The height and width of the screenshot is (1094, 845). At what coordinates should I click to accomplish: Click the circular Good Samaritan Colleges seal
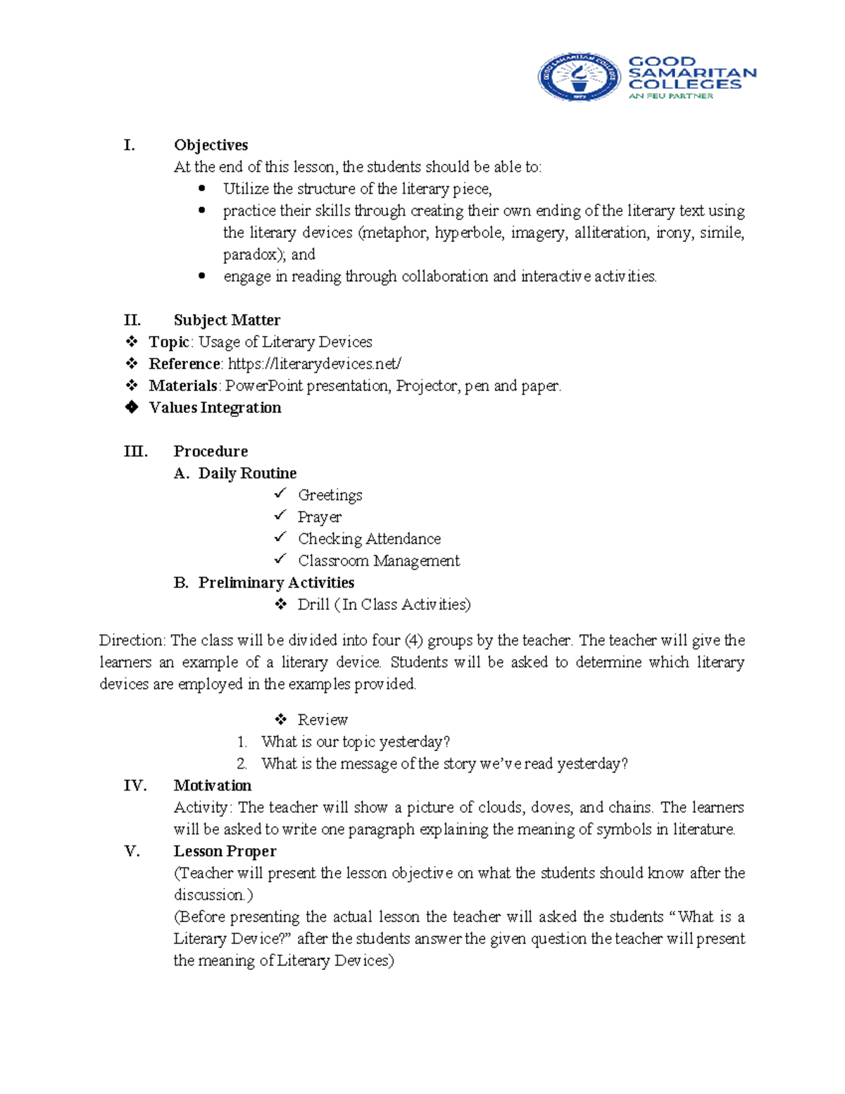[579, 77]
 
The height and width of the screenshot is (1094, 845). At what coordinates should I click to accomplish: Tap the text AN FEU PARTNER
[670, 96]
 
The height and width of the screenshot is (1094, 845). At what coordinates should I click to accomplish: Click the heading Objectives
[211, 145]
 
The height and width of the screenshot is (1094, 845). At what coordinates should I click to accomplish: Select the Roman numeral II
[132, 320]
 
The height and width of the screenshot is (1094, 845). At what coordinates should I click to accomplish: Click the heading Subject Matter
[227, 320]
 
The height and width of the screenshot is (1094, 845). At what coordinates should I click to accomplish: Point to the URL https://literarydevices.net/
[315, 363]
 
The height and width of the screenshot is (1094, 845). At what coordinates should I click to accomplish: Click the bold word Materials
[183, 385]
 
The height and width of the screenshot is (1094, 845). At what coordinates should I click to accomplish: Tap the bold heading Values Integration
[215, 407]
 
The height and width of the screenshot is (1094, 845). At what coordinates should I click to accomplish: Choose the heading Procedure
[211, 451]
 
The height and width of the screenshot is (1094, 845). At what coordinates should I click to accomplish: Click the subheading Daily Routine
[247, 473]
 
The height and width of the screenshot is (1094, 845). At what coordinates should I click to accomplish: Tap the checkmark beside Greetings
[280, 493]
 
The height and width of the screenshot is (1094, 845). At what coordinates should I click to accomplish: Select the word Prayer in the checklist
[320, 517]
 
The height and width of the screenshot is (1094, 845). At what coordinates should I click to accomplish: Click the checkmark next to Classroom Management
[280, 559]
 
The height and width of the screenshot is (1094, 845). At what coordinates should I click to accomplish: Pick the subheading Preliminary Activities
[276, 583]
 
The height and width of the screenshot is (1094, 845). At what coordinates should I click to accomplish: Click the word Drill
[313, 604]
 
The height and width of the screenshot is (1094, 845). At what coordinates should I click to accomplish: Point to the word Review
[323, 719]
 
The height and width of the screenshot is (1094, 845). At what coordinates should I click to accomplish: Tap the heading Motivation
[213, 785]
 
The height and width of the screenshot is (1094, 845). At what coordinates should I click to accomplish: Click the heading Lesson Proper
[225, 851]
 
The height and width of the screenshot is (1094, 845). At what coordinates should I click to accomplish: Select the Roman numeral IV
[135, 785]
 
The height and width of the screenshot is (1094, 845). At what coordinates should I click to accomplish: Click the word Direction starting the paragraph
[132, 640]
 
